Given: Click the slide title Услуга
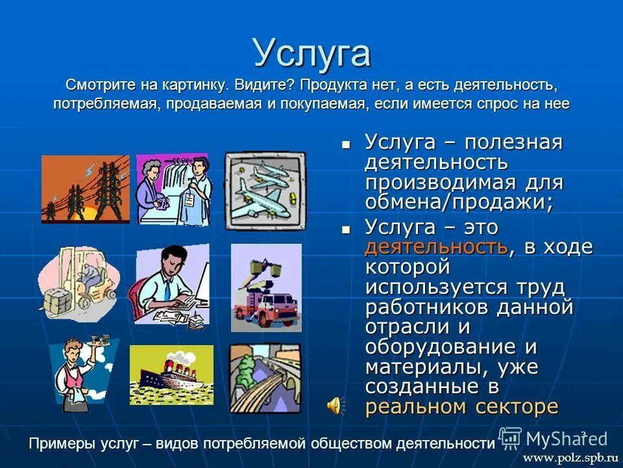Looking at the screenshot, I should pos(311,53).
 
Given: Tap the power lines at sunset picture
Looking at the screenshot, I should pos(85,189).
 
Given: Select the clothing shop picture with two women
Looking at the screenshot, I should pos(173,189).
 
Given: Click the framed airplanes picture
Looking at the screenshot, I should pos(265,190).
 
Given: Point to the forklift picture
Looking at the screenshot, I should pos(78,283).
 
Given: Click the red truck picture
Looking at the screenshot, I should pos(266,287).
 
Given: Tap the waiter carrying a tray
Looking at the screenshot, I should pos(82,374).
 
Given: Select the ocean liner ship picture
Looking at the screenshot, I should pos(171,374).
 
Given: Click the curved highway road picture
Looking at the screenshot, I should pos(265,377).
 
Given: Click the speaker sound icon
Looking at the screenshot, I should pos(334,406).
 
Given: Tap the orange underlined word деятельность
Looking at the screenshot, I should pos(435,247).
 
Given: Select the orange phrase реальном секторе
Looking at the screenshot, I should pos(461,407).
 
